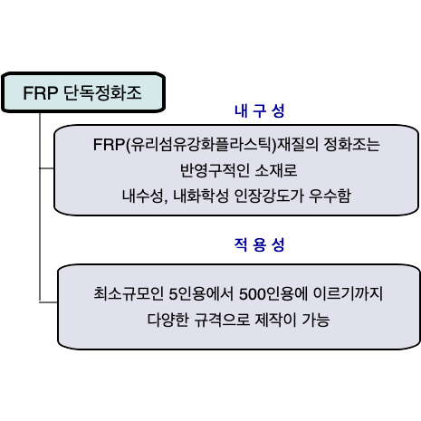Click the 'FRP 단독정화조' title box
(83, 92)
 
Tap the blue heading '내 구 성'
(260, 111)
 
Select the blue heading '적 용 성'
(260, 244)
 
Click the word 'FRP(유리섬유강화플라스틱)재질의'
(206, 145)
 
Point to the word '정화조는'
(351, 144)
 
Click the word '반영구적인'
(215, 170)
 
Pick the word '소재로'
(276, 170)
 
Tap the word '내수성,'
(145, 196)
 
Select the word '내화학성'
(201, 196)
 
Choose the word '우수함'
(330, 196)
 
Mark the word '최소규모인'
(129, 293)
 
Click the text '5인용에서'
(201, 293)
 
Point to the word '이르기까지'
(349, 293)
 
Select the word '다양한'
(167, 320)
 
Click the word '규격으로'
(222, 320)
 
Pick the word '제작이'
(276, 320)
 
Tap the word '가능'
(316, 320)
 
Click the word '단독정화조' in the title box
(102, 92)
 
